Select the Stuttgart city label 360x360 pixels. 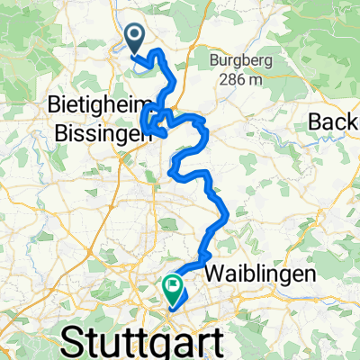point(154,343)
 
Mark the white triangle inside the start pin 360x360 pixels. point(135,37)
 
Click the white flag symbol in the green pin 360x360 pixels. point(171,285)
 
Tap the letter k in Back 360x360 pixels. point(355,121)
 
